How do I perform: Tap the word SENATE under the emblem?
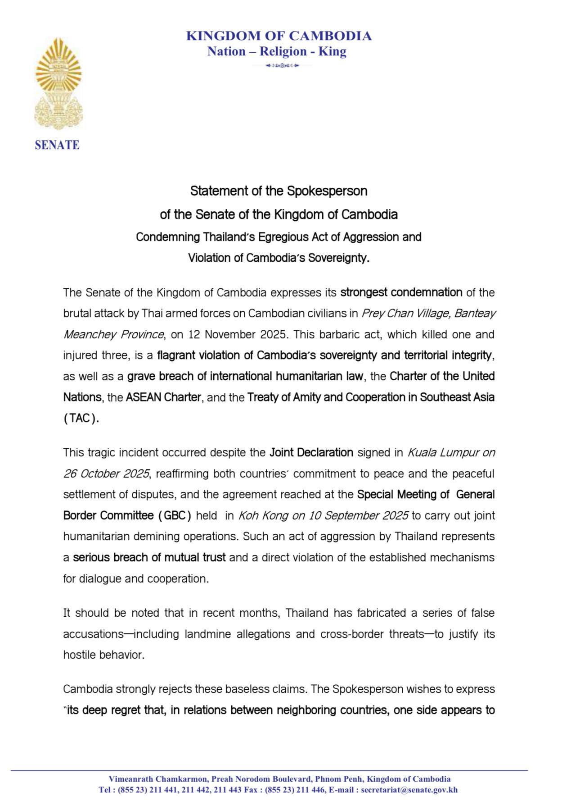57,145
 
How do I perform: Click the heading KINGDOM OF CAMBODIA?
279,36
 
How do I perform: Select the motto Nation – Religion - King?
276,51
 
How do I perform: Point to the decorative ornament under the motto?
282,66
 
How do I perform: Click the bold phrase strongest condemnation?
401,292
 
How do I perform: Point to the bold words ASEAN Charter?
163,397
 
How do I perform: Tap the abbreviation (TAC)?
81,419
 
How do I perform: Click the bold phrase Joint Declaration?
311,452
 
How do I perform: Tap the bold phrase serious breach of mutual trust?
149,557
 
